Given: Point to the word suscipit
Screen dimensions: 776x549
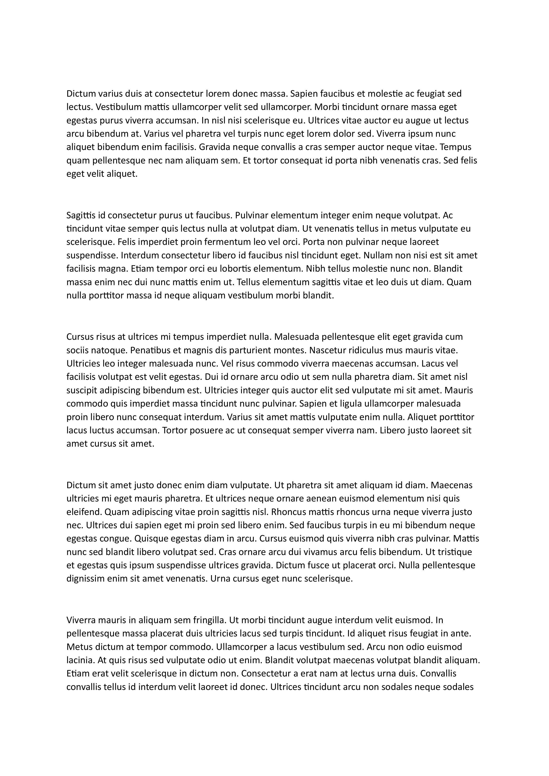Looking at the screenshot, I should point(80,390).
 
